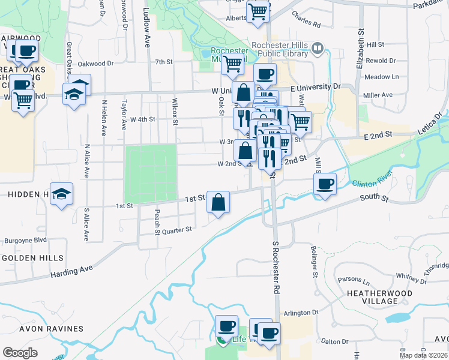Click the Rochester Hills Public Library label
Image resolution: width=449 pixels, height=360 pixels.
click(x=280, y=50)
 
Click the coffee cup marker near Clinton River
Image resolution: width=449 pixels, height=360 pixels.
click(x=325, y=183)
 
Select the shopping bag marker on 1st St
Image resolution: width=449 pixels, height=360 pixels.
click(x=218, y=202)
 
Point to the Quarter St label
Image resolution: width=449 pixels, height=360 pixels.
click(x=176, y=229)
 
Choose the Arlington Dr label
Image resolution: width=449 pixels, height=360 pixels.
click(x=301, y=313)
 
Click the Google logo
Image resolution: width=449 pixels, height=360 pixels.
click(x=20, y=353)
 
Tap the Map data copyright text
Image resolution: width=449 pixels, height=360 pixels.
click(x=423, y=354)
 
